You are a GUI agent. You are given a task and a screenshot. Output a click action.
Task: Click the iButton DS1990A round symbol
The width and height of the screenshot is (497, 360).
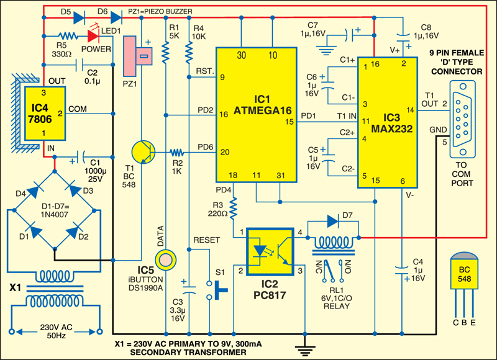click(165, 257)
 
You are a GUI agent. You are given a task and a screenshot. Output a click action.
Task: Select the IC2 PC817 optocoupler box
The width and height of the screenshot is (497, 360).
click(271, 252)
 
